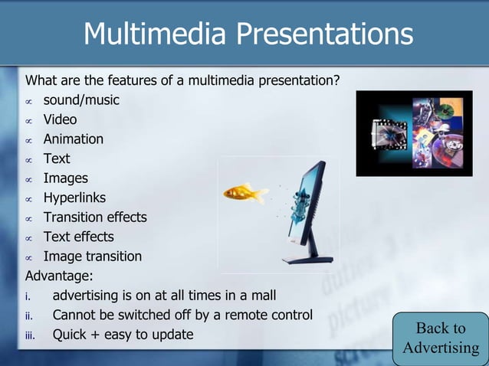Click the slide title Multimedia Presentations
tap(248, 34)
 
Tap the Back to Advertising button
tap(441, 338)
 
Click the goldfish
tap(244, 192)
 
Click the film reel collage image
tap(414, 133)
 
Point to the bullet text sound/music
tap(81, 100)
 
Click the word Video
tap(60, 119)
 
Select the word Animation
tap(73, 139)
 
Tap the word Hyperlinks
tap(74, 198)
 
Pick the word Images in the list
tap(65, 178)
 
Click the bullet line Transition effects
tap(94, 217)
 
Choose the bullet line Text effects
tap(78, 237)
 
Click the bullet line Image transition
tap(92, 257)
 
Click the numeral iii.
tap(31, 335)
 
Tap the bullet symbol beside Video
tap(28, 120)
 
